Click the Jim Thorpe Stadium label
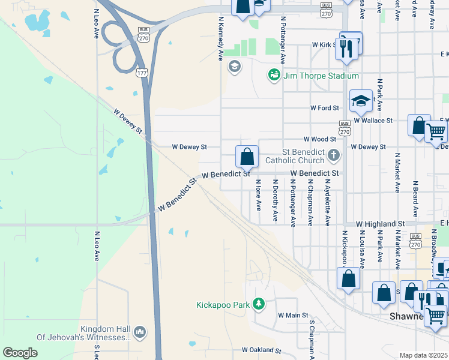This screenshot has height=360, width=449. click(x=321, y=76)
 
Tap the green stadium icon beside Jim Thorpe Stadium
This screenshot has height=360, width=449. click(x=274, y=75)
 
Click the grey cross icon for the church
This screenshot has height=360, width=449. click(x=334, y=156)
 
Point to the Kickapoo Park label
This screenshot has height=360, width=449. click(x=223, y=305)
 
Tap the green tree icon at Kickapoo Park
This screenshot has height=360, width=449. click(x=259, y=304)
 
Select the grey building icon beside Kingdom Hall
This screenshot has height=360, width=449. click(x=140, y=332)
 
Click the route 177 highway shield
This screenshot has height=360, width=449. click(x=142, y=73)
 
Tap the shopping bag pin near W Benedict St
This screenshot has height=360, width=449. click(x=247, y=157)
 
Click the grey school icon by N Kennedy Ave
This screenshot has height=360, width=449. click(x=234, y=66)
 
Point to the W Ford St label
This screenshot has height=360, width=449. click(x=325, y=108)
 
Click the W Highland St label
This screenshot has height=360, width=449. click(x=380, y=224)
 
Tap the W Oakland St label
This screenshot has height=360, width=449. click(x=261, y=350)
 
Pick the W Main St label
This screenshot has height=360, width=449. click(x=292, y=315)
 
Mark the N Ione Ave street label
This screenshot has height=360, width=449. click(x=259, y=195)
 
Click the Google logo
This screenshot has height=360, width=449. click(x=20, y=352)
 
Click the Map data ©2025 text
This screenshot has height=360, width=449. click(x=423, y=355)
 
